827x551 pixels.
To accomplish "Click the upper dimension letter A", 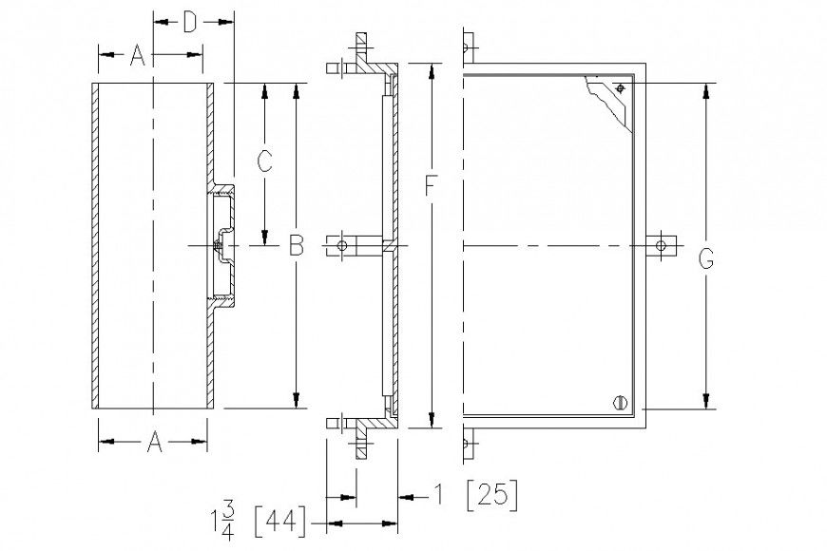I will pos(136,57).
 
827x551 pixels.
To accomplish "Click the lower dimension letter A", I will pos(153,441).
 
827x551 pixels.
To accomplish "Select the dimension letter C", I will pos(266,161).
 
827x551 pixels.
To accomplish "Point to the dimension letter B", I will pos(296,246).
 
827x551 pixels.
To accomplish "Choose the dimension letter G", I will pos(706,258).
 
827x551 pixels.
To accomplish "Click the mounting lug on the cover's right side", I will pos(663,246).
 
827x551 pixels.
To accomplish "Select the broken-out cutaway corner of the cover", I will pos(608,99).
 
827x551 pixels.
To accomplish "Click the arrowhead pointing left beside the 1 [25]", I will pos(406,495).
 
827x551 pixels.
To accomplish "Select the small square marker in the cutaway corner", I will pos(619,88).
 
